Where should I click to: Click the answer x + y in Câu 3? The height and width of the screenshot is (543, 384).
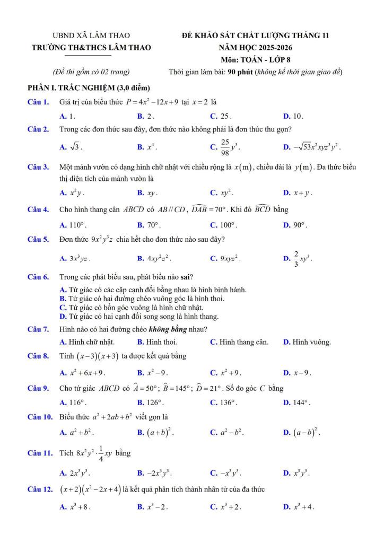[x=304, y=193]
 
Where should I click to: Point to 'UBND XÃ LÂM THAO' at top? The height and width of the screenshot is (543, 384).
[x=91, y=36]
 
